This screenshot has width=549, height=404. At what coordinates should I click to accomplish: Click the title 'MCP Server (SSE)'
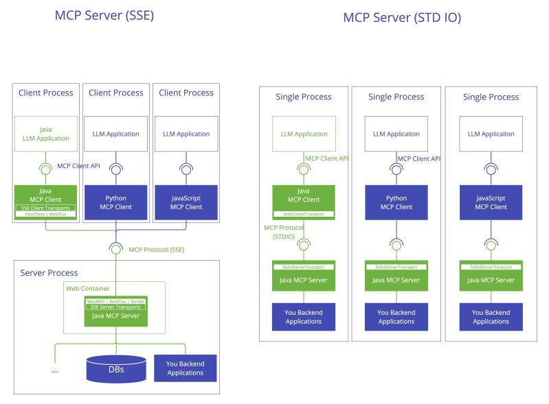pos(104,15)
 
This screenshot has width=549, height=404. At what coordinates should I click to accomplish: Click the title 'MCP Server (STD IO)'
pos(402,17)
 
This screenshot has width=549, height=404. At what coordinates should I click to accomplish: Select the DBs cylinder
pos(116,368)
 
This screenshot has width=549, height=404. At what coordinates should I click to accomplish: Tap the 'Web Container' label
pos(87,288)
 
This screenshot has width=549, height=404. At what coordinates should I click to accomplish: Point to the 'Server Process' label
pos(49,272)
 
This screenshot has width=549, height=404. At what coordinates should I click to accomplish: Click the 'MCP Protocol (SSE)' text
pos(156,249)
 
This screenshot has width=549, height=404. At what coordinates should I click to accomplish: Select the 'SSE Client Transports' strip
pos(46,208)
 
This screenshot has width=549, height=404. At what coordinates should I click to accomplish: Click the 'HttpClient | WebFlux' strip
pos(46,214)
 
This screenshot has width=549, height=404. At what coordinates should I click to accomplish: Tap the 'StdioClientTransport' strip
pos(304,214)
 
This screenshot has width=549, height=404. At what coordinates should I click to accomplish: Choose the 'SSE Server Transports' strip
pos(115,307)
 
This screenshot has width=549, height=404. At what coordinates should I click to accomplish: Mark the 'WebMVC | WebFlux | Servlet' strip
pos(115,301)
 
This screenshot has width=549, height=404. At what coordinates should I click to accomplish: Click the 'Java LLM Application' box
pos(46,134)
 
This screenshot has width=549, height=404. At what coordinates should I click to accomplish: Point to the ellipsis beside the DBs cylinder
pos(55,370)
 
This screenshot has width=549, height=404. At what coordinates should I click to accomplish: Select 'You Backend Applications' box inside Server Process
pos(185,368)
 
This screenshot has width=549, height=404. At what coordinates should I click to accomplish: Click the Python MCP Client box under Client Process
pos(116,202)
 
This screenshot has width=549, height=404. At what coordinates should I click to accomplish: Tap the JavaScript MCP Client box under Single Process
pos(491,202)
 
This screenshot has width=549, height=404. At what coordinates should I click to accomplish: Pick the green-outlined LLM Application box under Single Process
pos(304,134)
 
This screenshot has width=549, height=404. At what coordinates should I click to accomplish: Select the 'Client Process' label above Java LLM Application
pos(46,93)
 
